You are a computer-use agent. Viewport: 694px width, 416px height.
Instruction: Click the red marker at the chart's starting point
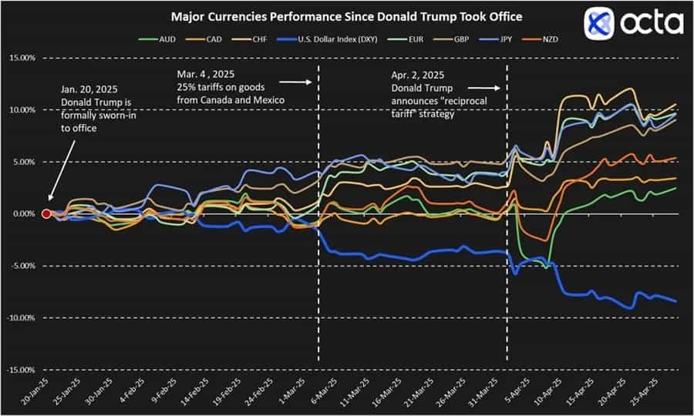tap(46, 213)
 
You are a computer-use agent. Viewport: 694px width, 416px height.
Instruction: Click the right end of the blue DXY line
tap(675, 301)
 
